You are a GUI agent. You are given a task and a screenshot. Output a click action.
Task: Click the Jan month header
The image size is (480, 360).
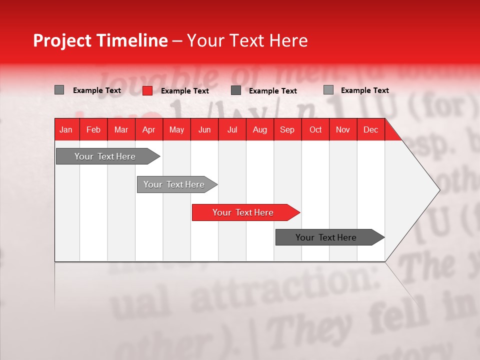(x=66, y=129)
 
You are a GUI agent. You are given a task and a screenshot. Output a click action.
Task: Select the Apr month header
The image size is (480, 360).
(x=148, y=129)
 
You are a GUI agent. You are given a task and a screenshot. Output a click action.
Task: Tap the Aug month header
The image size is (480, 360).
(x=259, y=129)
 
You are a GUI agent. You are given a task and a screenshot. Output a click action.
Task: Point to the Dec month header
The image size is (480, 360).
(x=370, y=129)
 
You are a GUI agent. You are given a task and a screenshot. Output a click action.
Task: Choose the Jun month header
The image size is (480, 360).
(x=204, y=129)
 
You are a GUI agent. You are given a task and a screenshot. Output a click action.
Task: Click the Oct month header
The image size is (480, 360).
(x=315, y=129)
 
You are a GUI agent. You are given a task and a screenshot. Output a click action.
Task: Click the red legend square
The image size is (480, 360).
(x=147, y=90)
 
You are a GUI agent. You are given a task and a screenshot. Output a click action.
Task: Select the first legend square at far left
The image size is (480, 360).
(x=59, y=90)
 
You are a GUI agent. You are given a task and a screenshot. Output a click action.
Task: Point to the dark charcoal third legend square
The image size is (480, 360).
(x=236, y=90)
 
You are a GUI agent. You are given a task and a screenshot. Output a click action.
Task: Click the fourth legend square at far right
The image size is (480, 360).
(x=328, y=90)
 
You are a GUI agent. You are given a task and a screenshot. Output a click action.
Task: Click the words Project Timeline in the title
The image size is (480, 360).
(x=100, y=40)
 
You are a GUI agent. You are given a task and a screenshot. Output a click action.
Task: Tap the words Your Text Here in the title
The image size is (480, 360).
(x=247, y=40)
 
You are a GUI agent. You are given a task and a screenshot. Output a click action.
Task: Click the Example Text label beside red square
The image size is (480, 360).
(x=185, y=91)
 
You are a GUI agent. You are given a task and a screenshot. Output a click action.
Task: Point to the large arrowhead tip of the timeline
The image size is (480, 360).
(x=437, y=189)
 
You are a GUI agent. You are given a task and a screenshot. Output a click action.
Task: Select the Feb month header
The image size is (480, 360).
(x=93, y=129)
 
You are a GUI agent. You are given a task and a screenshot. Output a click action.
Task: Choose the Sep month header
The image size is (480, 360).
(x=287, y=129)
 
